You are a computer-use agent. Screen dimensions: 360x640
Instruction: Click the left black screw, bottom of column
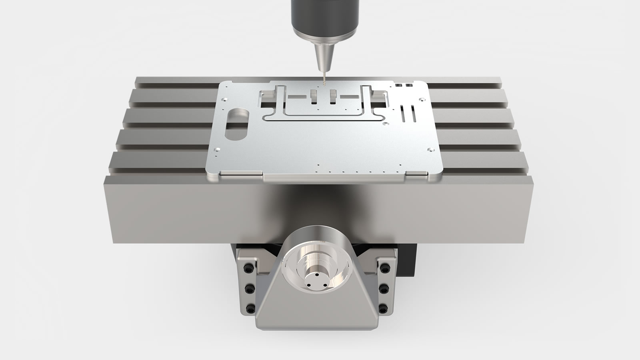click(250, 308)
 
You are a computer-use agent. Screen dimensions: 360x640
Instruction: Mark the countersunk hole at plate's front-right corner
click(430, 150)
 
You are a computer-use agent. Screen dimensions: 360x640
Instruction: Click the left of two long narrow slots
click(404, 114)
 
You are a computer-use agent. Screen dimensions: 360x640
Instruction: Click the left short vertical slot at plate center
click(313, 97)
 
